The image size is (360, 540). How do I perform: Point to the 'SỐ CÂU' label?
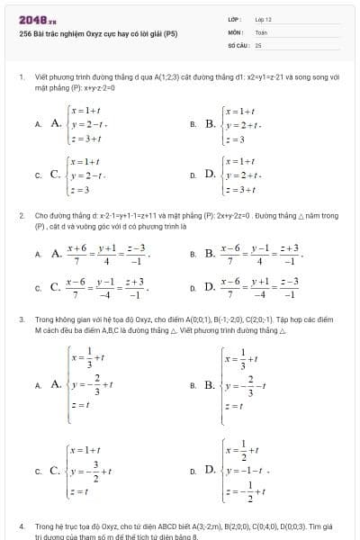pos(237,43)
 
